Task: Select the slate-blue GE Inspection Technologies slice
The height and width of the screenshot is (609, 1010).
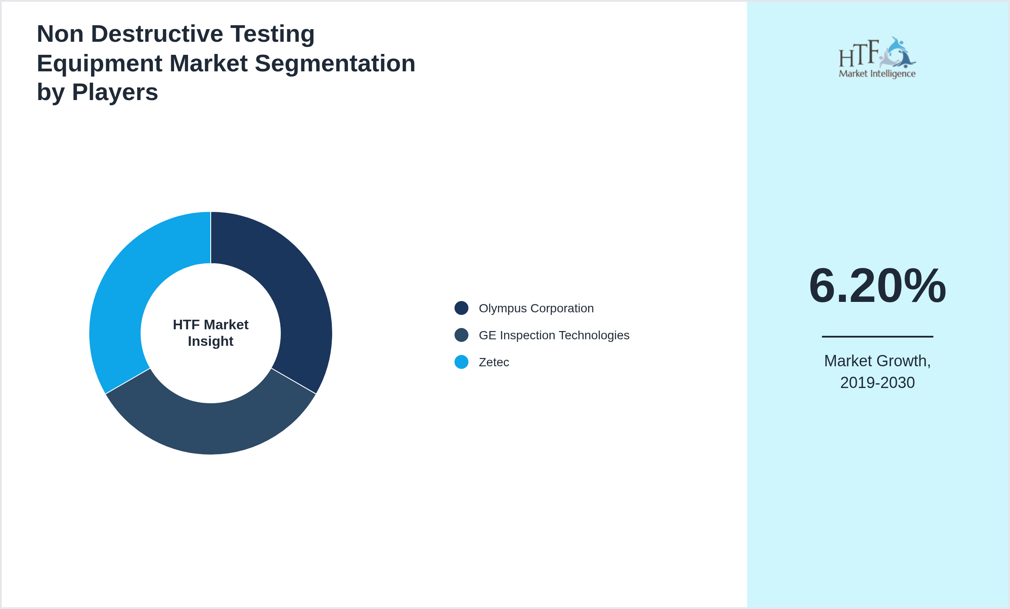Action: click(211, 428)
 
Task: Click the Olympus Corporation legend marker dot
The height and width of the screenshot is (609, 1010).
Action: click(461, 308)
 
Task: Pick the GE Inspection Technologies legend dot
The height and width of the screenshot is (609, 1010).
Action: click(461, 335)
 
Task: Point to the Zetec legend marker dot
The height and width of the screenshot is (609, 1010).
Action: click(461, 362)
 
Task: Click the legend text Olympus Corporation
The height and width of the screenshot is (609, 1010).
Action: click(536, 308)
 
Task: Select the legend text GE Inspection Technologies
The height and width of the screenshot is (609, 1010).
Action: click(554, 335)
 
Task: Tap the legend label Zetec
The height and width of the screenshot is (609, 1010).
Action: click(494, 362)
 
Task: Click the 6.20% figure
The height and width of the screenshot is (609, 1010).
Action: click(877, 286)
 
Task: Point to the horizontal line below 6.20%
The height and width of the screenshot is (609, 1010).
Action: click(877, 336)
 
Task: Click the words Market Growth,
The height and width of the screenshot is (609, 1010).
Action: click(877, 361)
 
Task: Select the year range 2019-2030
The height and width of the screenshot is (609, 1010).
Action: click(877, 382)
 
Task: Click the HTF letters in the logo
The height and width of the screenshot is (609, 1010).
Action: click(858, 54)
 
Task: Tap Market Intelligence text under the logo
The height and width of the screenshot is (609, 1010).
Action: click(877, 74)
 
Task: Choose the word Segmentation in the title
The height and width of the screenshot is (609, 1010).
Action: click(335, 64)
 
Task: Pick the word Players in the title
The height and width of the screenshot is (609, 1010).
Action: click(115, 92)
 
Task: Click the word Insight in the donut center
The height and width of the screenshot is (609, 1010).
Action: click(211, 341)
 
